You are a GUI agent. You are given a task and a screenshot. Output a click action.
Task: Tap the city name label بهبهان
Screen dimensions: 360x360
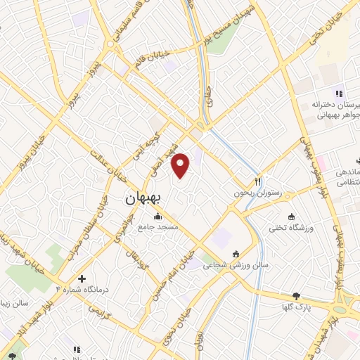tap(143, 199)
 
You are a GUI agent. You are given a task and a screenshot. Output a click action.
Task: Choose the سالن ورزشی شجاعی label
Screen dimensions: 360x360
tap(236, 266)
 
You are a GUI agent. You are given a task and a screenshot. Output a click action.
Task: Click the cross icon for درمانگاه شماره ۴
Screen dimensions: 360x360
tap(83, 278)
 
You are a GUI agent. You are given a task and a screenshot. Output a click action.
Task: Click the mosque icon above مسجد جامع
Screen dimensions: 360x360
tap(160, 216)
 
